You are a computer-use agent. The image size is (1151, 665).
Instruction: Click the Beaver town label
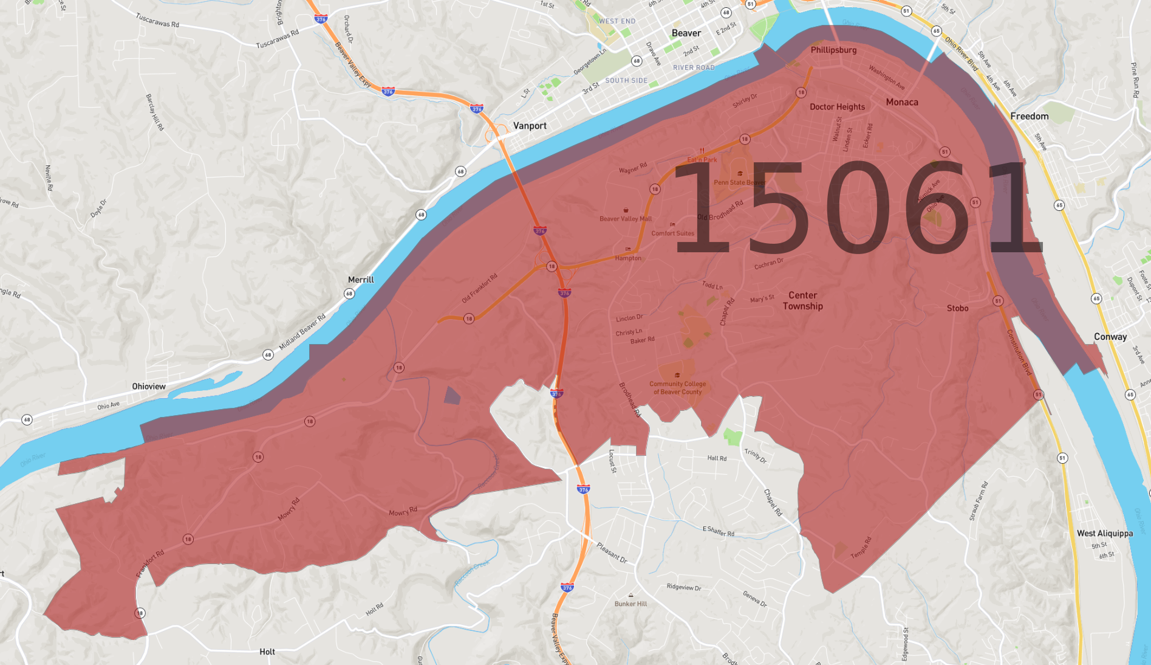(686, 33)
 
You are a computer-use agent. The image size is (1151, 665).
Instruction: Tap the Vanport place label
(530, 126)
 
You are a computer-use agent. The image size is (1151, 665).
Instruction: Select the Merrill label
(361, 280)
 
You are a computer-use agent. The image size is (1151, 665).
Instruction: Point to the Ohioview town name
(149, 387)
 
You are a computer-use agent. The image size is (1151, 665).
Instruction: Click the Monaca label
(902, 102)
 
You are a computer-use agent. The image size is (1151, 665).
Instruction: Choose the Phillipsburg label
(833, 50)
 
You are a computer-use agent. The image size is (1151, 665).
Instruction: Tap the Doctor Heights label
(837, 107)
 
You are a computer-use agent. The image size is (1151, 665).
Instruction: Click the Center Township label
(802, 300)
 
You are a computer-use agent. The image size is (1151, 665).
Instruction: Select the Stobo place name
(957, 308)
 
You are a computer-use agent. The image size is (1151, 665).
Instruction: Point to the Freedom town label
(1030, 116)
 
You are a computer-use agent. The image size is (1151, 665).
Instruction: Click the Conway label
(1110, 337)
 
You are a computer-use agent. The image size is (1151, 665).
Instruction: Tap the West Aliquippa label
(1105, 533)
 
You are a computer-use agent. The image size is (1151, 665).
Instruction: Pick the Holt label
(267, 652)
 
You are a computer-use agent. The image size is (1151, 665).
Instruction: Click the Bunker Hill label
(630, 604)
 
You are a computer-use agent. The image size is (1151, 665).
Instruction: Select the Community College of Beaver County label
(677, 388)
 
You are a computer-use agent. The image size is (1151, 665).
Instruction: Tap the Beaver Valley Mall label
(625, 219)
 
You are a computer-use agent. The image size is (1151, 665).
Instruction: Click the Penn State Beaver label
(739, 182)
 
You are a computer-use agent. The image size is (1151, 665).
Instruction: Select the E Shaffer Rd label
(719, 531)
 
